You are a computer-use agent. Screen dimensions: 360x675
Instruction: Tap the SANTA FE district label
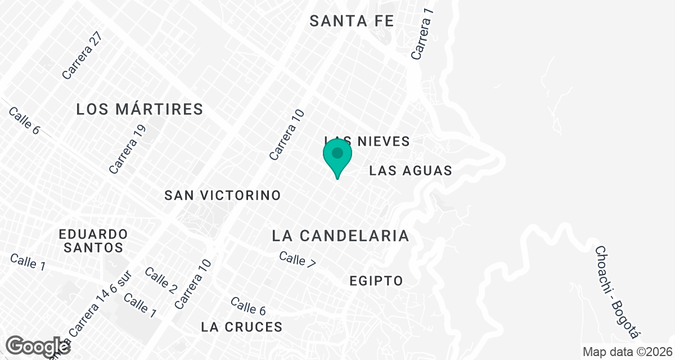[352, 21]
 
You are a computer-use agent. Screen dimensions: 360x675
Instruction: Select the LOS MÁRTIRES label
[139, 109]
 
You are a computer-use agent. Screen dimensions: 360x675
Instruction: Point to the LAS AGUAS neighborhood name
[411, 170]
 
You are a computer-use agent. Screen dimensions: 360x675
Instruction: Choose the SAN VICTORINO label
[222, 195]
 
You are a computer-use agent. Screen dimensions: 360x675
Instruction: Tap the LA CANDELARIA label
[340, 236]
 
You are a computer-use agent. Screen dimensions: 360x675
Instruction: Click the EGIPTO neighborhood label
[376, 281]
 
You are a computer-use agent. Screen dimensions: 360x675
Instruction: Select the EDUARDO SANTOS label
[94, 240]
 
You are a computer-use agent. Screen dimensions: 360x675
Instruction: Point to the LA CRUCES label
[241, 327]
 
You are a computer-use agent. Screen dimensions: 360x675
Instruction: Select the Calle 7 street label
[298, 259]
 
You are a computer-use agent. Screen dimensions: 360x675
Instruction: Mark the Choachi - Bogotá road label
[618, 292]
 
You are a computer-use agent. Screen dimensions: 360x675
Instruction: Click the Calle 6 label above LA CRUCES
[248, 306]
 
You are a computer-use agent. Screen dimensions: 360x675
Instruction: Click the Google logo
[38, 346]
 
